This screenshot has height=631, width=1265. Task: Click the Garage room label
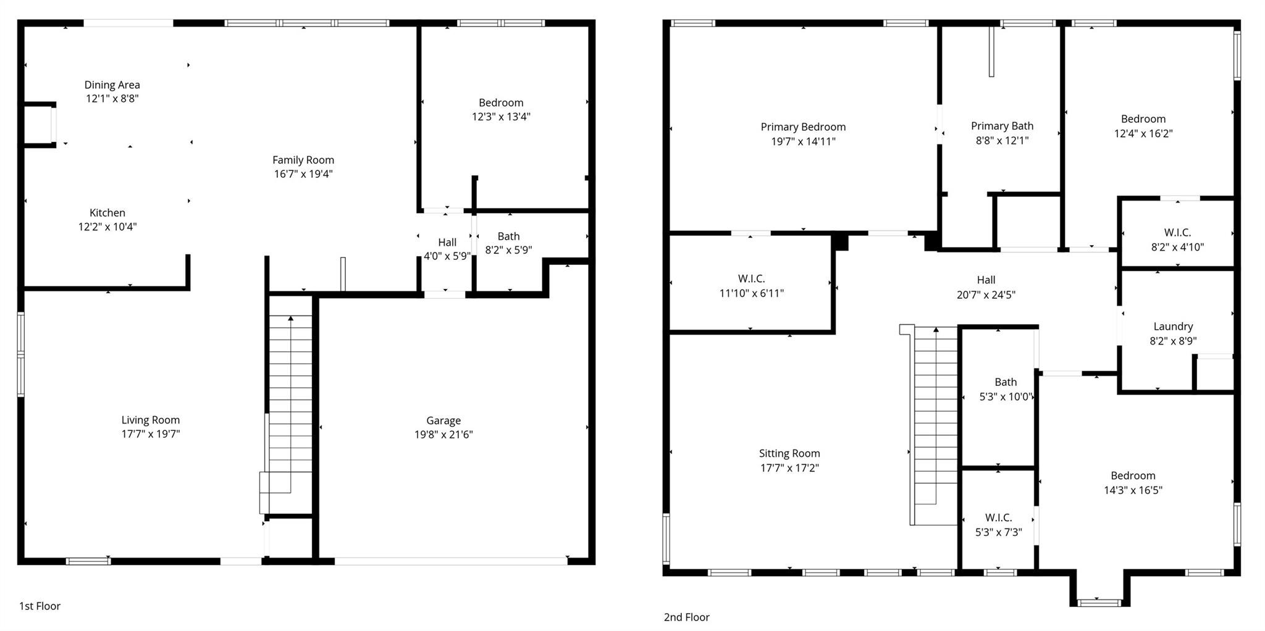(x=443, y=420)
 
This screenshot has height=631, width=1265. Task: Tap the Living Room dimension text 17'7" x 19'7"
(x=151, y=434)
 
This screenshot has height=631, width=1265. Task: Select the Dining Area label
(x=112, y=85)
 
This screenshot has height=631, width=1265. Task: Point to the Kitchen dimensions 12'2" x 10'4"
(x=107, y=227)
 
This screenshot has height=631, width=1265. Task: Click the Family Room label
(x=303, y=160)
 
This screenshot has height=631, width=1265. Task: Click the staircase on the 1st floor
(x=290, y=401)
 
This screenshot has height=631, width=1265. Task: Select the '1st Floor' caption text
(x=40, y=606)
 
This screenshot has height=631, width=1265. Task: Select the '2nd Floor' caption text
(x=686, y=617)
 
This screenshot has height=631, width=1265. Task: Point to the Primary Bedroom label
(x=803, y=127)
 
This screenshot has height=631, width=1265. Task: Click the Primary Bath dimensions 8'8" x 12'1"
(x=1002, y=140)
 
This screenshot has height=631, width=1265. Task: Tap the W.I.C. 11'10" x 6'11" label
(x=751, y=286)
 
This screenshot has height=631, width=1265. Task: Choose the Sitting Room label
(x=789, y=453)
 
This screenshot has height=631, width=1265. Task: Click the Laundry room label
(x=1173, y=326)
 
